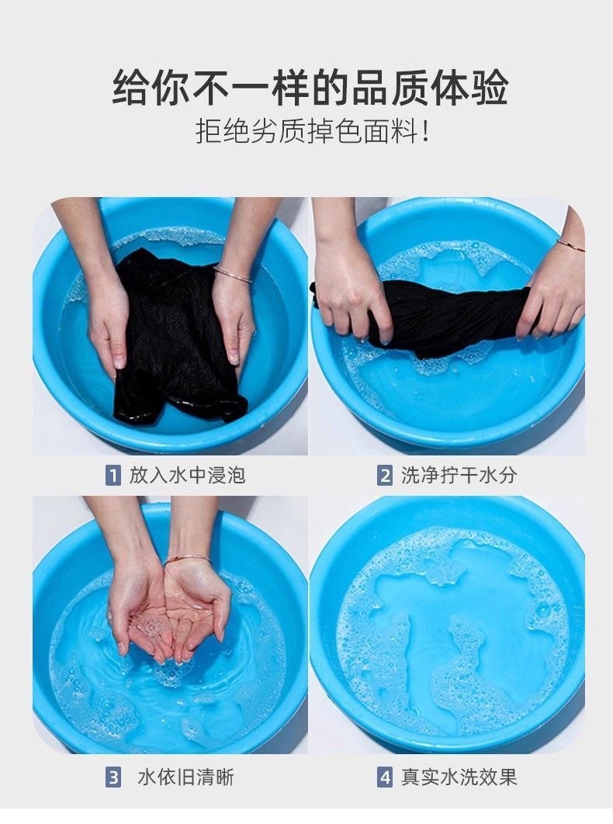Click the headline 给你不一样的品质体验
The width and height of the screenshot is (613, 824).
pyautogui.click(x=310, y=88)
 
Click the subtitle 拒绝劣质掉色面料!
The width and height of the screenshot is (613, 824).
pyautogui.click(x=313, y=131)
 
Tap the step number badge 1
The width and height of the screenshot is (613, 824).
pyautogui.click(x=113, y=476)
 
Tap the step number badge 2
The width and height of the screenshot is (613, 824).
pyautogui.click(x=385, y=476)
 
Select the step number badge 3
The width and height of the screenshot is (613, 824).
pyautogui.click(x=113, y=777)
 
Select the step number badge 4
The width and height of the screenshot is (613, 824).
pyautogui.click(x=385, y=777)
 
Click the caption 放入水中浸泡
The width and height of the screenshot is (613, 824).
pyautogui.click(x=187, y=476)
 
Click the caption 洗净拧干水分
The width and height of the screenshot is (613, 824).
pyautogui.click(x=459, y=476)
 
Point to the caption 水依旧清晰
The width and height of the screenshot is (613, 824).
pyautogui.click(x=185, y=777)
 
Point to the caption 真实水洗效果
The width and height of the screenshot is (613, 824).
pyautogui.click(x=459, y=777)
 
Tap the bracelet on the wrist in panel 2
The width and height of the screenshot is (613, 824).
pyautogui.click(x=570, y=244)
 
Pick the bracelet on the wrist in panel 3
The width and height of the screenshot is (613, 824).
pyautogui.click(x=188, y=559)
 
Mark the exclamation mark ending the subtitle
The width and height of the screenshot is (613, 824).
pyautogui.click(x=425, y=131)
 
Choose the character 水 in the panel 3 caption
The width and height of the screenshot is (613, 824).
pyautogui.click(x=147, y=777)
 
